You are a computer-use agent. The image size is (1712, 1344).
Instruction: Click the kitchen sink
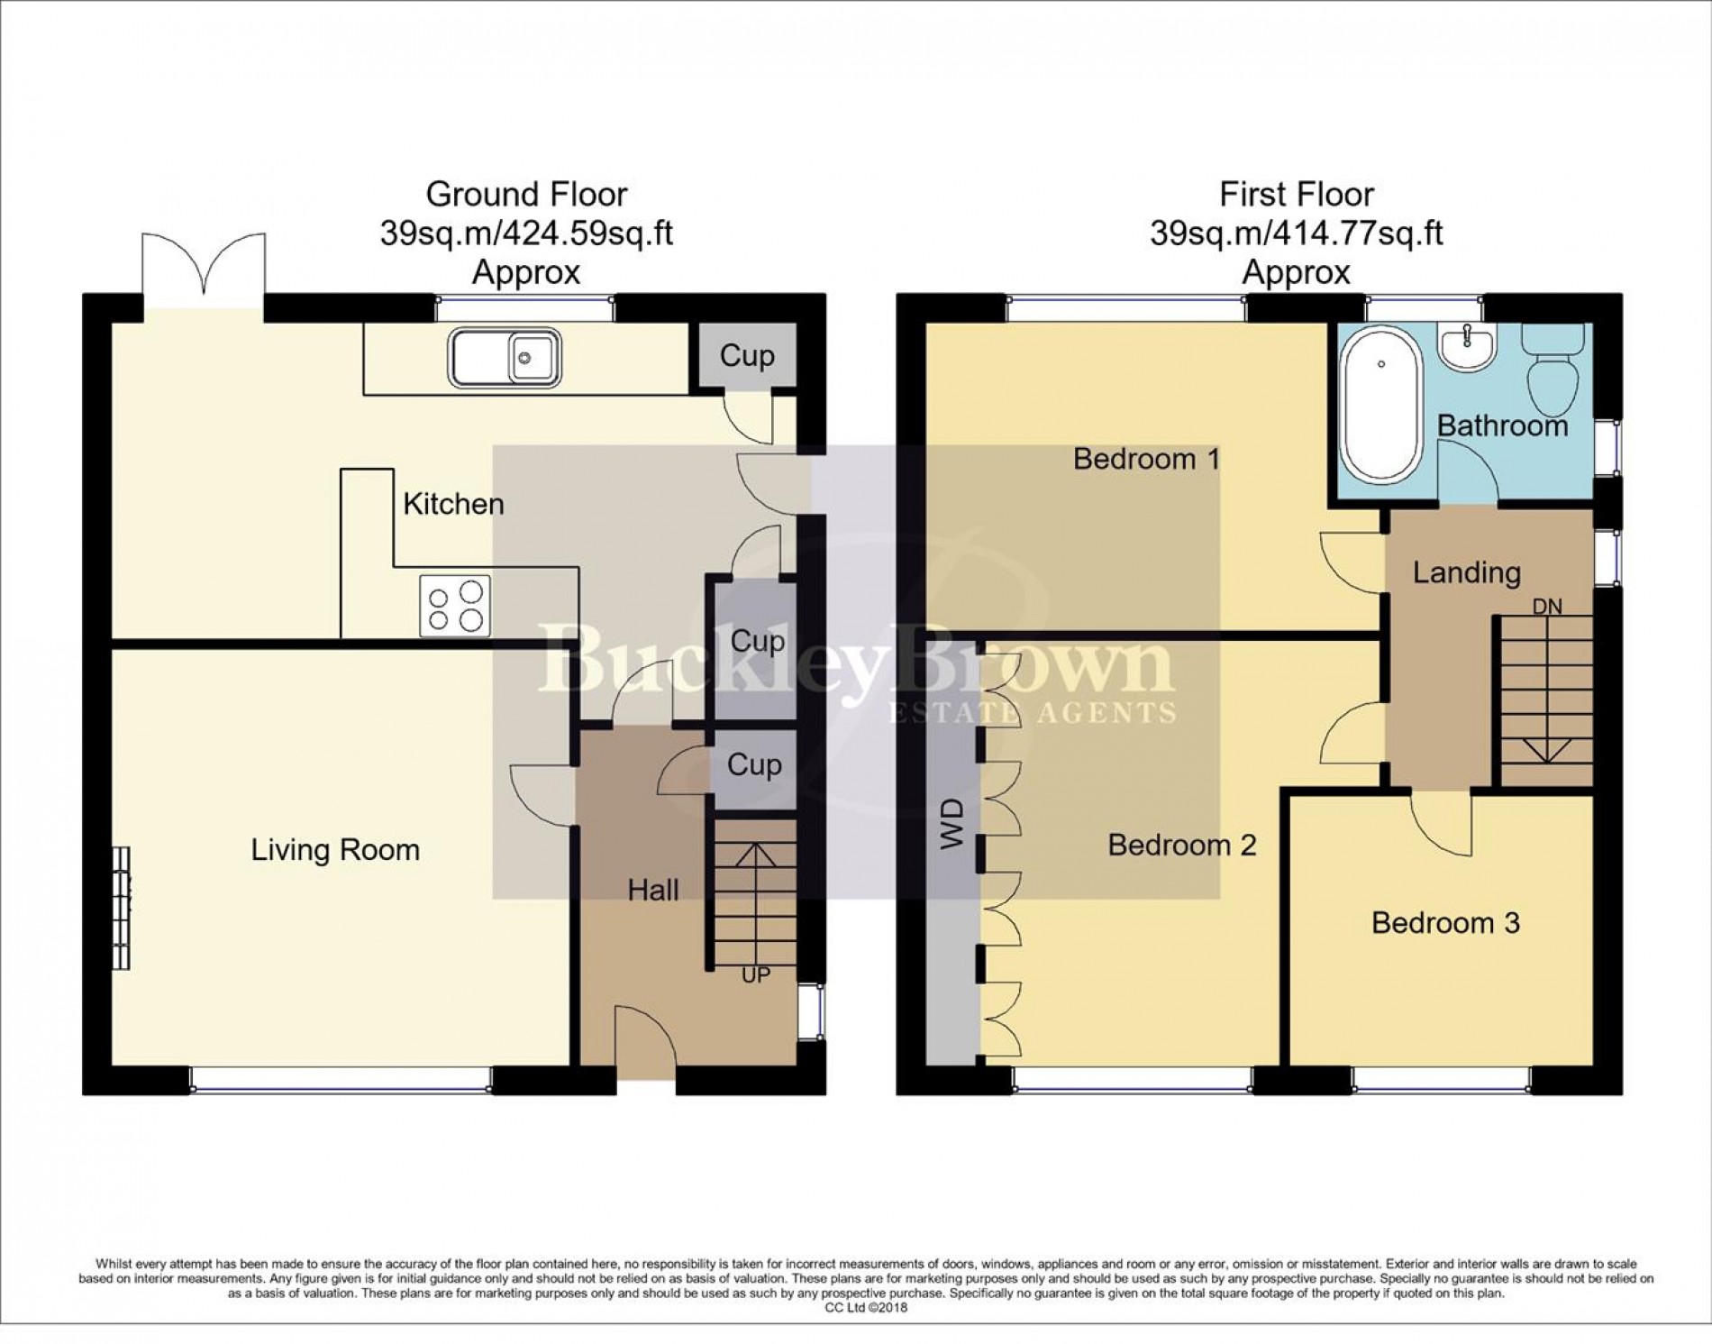pyautogui.click(x=505, y=358)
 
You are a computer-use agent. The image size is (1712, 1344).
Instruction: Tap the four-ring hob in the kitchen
pyautogui.click(x=455, y=606)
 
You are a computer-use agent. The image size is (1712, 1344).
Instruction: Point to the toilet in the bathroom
pyautogui.click(x=1553, y=370)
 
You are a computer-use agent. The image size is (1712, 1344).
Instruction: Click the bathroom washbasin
pyautogui.click(x=1467, y=346)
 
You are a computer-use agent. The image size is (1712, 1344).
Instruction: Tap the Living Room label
pyautogui.click(x=335, y=850)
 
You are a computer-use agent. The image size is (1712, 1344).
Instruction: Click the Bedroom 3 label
pyautogui.click(x=1445, y=923)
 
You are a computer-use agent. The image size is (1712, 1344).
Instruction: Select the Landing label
pyautogui.click(x=1467, y=572)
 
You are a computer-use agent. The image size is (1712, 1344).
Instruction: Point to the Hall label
pyautogui.click(x=653, y=891)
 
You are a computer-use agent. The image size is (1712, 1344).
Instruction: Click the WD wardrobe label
pyautogui.click(x=952, y=824)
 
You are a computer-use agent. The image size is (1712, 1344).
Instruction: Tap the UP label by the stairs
pyautogui.click(x=756, y=975)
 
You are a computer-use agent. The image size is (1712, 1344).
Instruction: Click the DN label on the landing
pyautogui.click(x=1547, y=607)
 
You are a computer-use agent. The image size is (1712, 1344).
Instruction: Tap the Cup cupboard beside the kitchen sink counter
pyautogui.click(x=747, y=356)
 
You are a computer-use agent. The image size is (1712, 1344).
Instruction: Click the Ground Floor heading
pyautogui.click(x=526, y=194)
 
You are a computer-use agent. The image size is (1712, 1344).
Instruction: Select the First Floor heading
pyautogui.click(x=1297, y=194)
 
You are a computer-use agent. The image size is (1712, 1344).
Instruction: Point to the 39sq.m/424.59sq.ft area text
pyautogui.click(x=526, y=233)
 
